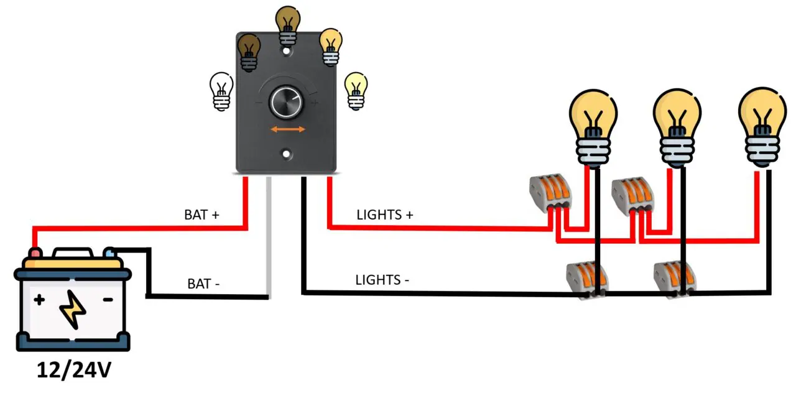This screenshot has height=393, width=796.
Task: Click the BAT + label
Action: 201,215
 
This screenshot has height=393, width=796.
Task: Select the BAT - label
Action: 203,284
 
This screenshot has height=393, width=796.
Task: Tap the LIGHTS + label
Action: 385,215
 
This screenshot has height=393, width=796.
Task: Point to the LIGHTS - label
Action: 382,280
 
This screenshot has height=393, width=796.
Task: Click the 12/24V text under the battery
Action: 73,370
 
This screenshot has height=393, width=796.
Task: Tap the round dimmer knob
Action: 287,103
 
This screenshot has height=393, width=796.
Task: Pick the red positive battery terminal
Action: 36,253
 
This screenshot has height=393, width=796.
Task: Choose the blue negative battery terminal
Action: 110,252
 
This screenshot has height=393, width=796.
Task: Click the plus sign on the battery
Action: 39,300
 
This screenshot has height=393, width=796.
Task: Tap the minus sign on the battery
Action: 108,300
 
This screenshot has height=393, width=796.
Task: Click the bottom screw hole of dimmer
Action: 287,152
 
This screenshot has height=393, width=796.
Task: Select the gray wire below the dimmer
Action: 268,236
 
